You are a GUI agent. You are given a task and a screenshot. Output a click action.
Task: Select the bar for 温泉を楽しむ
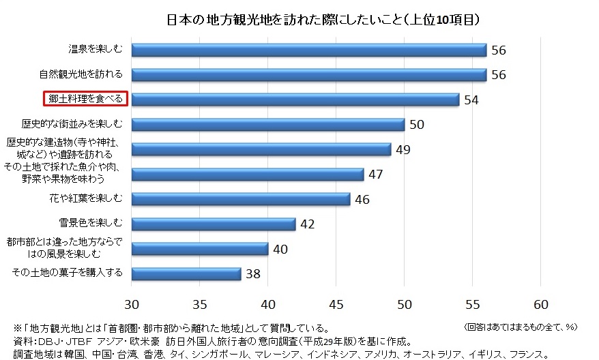coord(308,50)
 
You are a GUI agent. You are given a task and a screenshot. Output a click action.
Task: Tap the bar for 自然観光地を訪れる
coord(308,75)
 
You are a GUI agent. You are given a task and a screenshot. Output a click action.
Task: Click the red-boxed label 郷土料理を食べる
coord(85,100)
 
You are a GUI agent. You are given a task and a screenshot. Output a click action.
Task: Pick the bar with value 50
coord(267,125)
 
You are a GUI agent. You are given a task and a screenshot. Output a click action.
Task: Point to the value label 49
coord(403,149)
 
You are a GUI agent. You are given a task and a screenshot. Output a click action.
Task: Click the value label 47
coord(375,175)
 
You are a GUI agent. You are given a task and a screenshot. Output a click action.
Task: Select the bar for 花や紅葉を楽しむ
coord(240,199)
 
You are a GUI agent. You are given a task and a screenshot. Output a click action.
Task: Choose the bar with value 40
coord(199,249)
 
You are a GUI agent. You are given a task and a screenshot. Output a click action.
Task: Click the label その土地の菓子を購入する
coord(68,273)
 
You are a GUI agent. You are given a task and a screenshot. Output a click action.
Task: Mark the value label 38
coord(252,274)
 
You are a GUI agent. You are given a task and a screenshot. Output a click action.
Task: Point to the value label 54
coord(471,100)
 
